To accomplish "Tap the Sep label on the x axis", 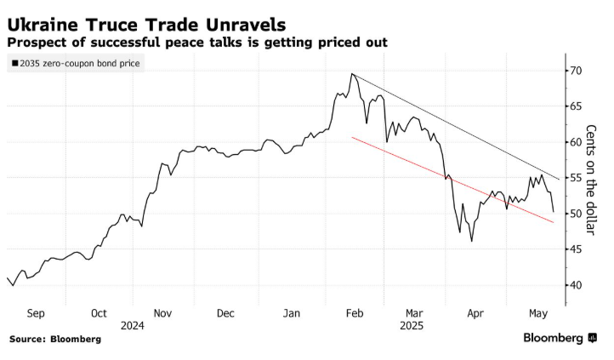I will point(36,312).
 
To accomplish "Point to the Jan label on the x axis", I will point(291,312).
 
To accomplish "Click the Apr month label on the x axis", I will point(477,312).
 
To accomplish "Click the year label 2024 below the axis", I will point(132,325).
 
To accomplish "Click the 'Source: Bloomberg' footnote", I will point(54,339).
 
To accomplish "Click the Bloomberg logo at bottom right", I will point(560,339).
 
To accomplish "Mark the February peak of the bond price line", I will point(351,74).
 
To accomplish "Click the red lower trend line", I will point(451,179).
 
